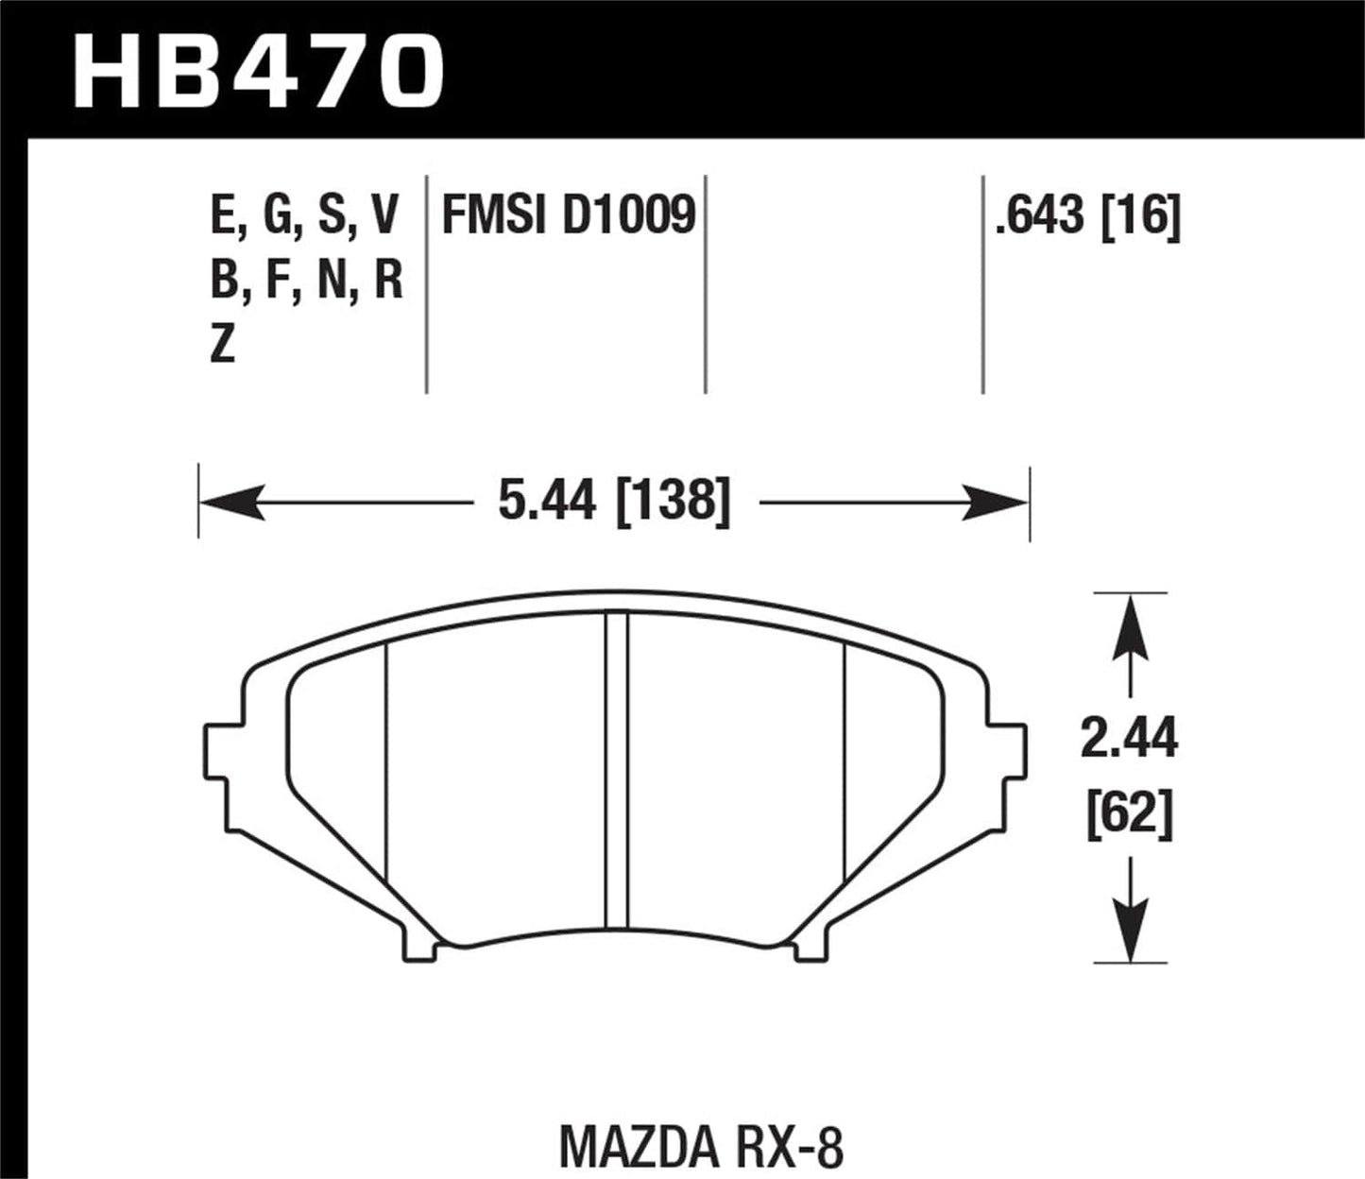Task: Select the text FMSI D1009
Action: coord(569,216)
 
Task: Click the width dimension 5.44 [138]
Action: coord(614,501)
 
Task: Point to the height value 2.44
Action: coord(1129,739)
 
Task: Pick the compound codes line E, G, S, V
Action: coord(305,216)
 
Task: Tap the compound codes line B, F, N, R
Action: coord(307,281)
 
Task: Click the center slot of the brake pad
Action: coord(616,770)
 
